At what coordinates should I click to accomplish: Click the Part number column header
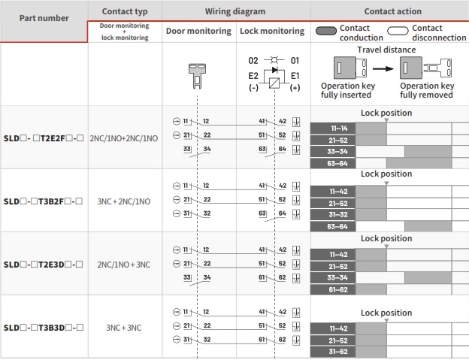point(44,18)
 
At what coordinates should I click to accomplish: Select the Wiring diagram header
point(235,11)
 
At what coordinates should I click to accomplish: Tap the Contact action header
point(393,11)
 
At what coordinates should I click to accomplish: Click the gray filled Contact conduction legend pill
point(326,31)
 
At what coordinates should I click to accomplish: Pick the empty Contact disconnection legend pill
point(398,31)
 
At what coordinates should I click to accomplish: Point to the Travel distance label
point(386,50)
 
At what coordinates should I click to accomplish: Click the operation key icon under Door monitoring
point(197,76)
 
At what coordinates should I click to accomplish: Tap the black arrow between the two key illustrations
point(383,69)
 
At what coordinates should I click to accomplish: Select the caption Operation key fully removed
point(427,90)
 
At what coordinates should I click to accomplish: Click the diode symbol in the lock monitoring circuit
point(274,70)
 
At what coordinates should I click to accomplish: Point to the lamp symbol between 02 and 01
point(274,60)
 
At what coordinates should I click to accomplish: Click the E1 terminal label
point(295,76)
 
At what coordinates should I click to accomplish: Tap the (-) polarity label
point(253,88)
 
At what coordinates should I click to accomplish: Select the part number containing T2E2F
point(44,138)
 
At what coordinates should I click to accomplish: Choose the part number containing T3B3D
point(44,328)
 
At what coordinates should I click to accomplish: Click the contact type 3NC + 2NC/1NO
point(124,201)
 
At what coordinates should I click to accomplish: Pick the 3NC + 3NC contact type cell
point(124,328)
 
